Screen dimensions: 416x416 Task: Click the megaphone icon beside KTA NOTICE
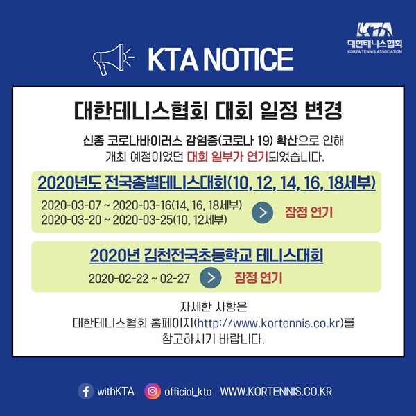(113, 60)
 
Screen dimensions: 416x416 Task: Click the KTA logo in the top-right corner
(374, 38)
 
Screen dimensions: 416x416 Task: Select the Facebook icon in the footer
(86, 391)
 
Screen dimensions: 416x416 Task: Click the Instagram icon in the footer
(153, 391)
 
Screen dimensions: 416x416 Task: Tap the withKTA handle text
(116, 392)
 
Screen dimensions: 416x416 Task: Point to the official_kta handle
(188, 392)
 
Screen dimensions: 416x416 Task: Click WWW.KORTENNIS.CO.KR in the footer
(276, 392)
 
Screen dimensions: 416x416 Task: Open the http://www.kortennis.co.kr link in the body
(269, 323)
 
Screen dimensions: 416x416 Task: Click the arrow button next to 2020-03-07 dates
(262, 213)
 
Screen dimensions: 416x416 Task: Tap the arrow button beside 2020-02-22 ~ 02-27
(210, 278)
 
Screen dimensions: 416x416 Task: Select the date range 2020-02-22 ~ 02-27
(139, 279)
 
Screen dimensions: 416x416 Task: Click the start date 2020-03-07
(71, 205)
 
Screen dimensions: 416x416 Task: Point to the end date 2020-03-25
(142, 220)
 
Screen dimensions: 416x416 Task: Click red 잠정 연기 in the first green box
(309, 212)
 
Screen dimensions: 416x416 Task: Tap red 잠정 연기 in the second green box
(259, 278)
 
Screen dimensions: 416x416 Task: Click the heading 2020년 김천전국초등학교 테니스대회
(207, 255)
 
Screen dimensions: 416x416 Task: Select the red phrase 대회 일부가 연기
(227, 157)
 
